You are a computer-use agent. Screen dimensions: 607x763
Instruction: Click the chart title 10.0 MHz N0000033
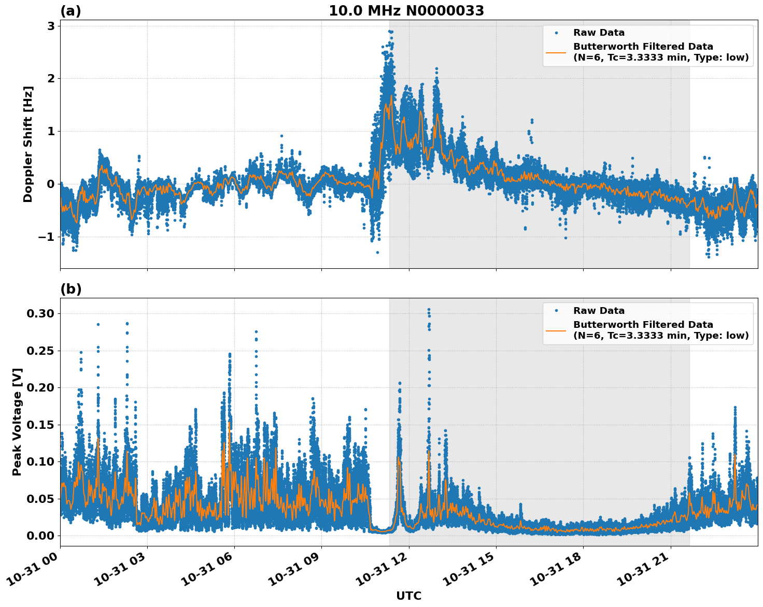point(406,11)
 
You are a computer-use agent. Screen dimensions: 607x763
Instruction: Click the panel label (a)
point(70,11)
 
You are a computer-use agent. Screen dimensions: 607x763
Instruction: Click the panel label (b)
point(70,289)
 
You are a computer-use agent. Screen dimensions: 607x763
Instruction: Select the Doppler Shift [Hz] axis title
point(28,144)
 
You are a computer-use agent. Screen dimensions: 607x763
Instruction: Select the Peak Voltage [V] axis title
point(17,422)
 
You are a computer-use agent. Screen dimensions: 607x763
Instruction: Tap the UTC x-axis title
point(408,596)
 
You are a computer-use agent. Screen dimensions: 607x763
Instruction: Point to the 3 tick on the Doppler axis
point(51,26)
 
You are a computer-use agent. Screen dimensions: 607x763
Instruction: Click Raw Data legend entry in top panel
point(599,33)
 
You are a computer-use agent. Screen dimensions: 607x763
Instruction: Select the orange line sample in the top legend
point(556,52)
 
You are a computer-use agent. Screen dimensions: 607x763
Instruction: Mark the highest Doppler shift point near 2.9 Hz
point(390,31)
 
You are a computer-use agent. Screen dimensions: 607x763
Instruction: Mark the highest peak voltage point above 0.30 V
point(429,310)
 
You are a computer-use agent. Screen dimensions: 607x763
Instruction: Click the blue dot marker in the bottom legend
point(556,311)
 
